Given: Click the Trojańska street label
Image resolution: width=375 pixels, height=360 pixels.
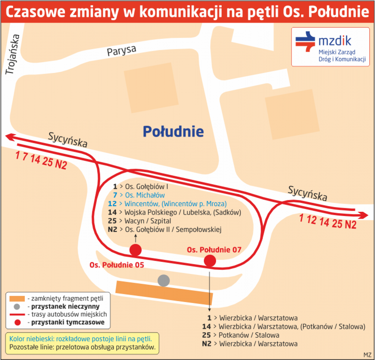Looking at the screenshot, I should click(13, 54).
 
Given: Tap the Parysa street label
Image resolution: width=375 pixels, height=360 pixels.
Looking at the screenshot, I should click(121, 51).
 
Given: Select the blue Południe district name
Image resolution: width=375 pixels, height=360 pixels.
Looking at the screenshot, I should click(173, 132).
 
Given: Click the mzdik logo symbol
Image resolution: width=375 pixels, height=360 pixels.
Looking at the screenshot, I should click(305, 42).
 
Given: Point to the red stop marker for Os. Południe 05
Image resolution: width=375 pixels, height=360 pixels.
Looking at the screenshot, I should click(136, 250).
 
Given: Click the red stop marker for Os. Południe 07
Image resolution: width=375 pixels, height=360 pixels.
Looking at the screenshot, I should click(210, 261).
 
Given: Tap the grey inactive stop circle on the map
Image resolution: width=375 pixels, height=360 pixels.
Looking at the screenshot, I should click(163, 281).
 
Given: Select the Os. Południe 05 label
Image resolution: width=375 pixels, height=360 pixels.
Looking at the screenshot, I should click(117, 265).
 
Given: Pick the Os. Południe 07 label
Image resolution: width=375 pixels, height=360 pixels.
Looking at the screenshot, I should click(214, 250).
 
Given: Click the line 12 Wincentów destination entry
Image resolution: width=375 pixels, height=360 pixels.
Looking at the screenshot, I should click(167, 204).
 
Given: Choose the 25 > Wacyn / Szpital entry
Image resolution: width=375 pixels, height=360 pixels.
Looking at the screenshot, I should click(140, 221).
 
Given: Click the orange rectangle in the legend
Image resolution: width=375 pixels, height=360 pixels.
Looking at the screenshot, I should click(17, 299).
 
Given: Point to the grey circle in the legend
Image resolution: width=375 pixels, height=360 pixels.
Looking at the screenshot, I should click(17, 306).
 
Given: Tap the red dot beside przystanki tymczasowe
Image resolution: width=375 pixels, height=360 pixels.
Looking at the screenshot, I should click(17, 323).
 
